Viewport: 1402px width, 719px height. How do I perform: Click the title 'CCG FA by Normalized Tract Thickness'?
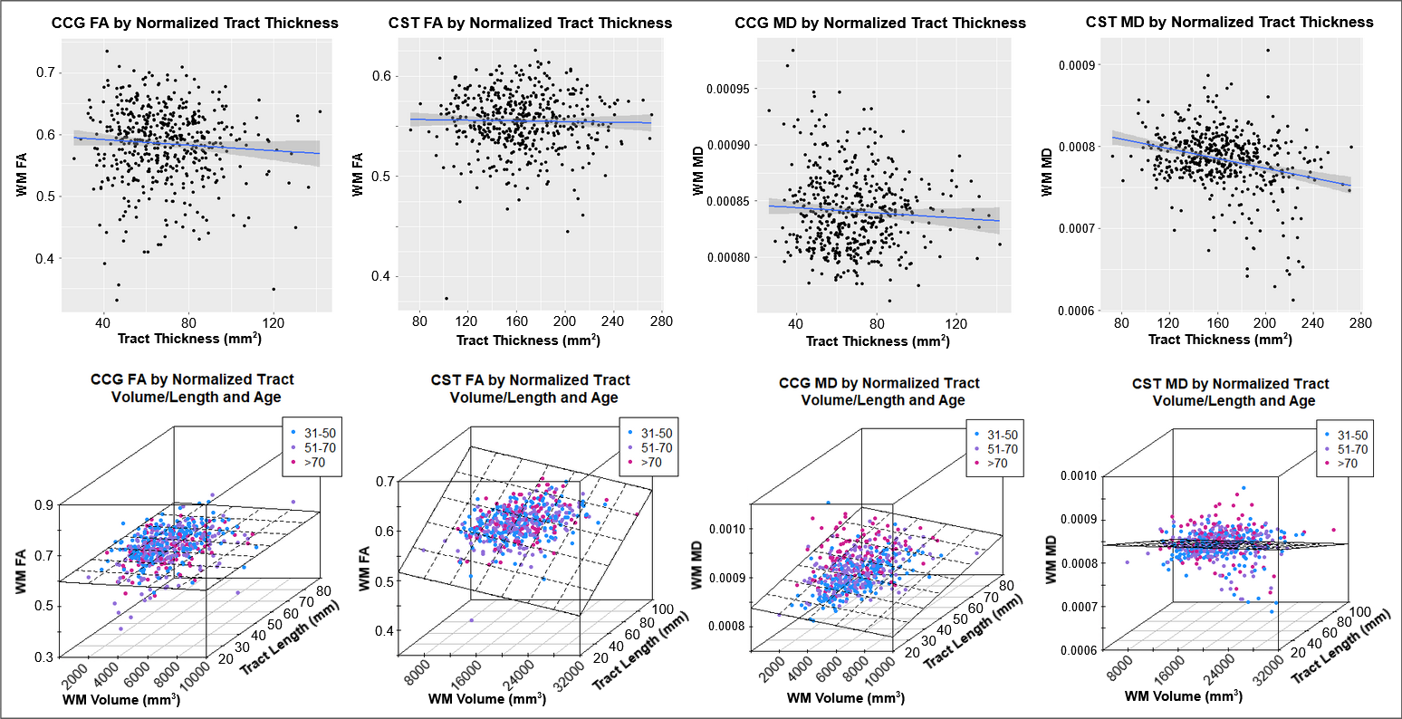tap(195, 23)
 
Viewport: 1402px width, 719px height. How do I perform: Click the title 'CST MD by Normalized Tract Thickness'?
tap(1229, 22)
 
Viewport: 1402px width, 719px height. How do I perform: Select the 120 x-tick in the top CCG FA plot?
tap(274, 321)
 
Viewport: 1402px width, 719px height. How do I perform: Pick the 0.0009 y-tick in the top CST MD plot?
tap(1080, 64)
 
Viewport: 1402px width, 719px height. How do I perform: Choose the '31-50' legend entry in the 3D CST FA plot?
tap(655, 433)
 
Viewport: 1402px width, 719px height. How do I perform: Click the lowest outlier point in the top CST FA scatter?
tap(446, 299)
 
